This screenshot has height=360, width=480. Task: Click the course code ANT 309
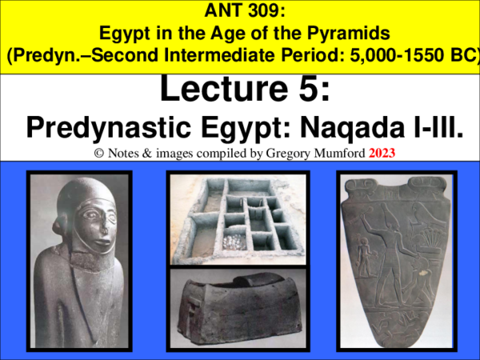point(239,11)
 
